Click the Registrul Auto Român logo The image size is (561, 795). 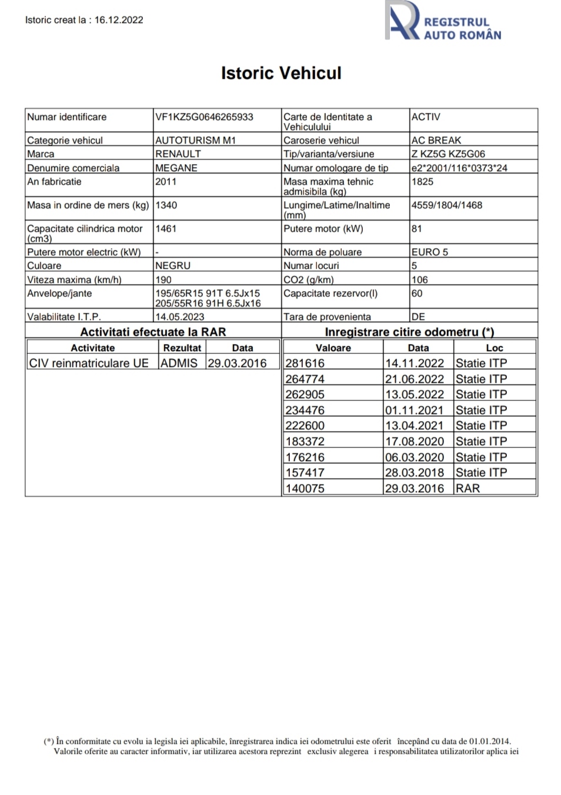point(443,22)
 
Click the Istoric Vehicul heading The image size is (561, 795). point(281,73)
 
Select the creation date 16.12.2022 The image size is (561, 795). point(119,20)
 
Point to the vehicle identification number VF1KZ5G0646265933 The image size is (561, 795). point(204,117)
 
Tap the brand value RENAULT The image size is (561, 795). point(178,154)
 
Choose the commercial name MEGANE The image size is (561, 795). point(176,168)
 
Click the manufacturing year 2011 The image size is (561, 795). point(166,182)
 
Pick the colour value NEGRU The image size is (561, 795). point(173,266)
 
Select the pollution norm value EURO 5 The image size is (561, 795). point(430,252)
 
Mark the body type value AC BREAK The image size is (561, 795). point(436,141)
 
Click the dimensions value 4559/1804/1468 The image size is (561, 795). point(447,205)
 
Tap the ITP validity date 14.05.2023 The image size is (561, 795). point(180,317)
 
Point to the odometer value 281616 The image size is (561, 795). point(305,363)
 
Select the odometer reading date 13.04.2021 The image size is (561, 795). point(415,426)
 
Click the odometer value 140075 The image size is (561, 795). point(305,489)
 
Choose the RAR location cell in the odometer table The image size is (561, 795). point(468,489)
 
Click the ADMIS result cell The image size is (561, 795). point(179,363)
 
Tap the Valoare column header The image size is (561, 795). point(333,348)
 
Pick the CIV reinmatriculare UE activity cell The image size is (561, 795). point(89,363)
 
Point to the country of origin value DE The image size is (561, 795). point(418,317)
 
